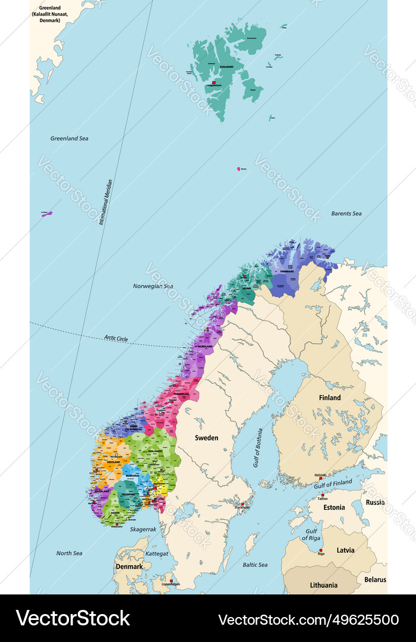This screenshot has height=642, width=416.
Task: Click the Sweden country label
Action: tap(207, 438)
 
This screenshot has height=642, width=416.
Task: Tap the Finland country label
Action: tap(330, 398)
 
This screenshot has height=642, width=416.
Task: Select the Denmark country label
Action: tap(129, 567)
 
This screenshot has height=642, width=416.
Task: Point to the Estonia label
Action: tap(334, 508)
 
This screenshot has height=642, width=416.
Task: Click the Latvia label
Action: tap(345, 550)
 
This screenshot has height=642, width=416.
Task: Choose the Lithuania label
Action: tap(324, 585)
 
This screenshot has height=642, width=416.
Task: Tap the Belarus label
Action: tap(375, 580)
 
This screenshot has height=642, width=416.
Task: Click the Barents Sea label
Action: tap(346, 213)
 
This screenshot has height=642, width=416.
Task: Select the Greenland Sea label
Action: tap(69, 139)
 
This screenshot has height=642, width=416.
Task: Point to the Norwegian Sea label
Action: tap(153, 287)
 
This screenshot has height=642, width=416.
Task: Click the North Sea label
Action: tap(69, 553)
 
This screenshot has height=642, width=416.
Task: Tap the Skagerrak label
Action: tap(143, 529)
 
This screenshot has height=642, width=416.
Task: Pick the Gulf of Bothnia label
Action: tap(257, 447)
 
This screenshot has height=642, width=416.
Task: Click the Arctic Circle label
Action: tap(116, 339)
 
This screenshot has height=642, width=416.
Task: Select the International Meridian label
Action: tap(106, 202)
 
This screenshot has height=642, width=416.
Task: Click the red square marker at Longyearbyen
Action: tap(213, 82)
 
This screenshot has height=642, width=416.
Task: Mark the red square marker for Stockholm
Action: tap(242, 503)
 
